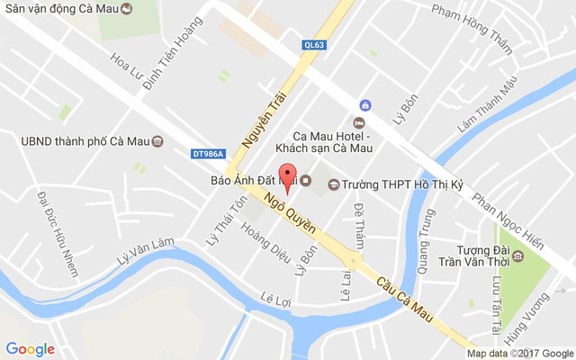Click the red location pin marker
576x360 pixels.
[x=287, y=177]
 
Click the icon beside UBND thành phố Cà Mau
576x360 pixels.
[x=158, y=141]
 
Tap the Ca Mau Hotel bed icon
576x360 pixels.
[x=359, y=121]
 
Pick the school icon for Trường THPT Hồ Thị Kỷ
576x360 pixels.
[x=334, y=184]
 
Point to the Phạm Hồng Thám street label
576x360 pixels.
[x=476, y=25]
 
